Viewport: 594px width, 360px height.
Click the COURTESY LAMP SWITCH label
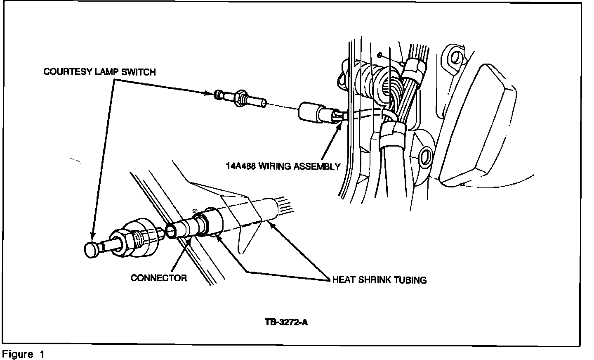(x=99, y=72)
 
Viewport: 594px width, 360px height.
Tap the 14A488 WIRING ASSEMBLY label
(x=283, y=166)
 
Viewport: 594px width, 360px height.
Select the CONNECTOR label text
(x=159, y=278)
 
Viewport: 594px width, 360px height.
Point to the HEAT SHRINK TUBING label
(x=379, y=280)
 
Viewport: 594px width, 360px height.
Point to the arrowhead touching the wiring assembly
(x=339, y=125)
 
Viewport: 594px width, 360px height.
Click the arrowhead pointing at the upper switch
(x=209, y=93)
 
